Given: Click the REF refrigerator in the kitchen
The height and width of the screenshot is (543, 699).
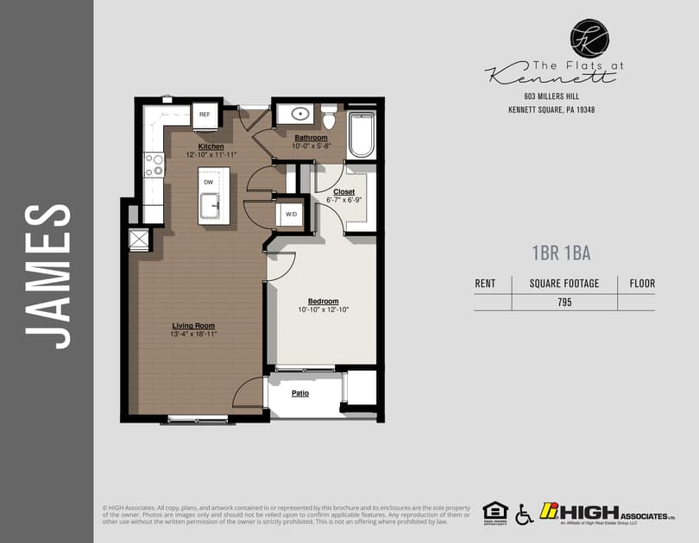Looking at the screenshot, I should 205,115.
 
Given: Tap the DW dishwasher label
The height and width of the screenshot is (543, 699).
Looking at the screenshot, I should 208,182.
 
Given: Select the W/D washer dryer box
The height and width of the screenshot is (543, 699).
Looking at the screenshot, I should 291,215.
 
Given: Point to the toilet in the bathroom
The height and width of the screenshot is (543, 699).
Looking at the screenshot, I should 329,117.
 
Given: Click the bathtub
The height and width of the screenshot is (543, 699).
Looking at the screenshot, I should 361,134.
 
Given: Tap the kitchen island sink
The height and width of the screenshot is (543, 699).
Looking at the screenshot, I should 209,206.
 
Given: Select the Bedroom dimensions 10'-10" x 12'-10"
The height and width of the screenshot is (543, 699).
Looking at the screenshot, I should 323,309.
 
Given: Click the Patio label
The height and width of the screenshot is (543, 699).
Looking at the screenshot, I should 299,393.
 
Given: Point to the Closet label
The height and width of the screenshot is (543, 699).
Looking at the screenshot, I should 343,191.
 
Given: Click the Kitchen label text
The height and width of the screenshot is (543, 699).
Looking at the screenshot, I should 211,147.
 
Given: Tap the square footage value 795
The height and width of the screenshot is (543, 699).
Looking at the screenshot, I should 564,303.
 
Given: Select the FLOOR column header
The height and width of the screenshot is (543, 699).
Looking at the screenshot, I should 641,283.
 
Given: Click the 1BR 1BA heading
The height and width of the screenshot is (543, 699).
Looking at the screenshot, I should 561,253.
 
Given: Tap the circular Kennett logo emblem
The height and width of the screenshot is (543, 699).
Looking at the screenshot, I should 589,37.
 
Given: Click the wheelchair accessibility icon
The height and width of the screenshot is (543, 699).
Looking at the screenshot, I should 524,515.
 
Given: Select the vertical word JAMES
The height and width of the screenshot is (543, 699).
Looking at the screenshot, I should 47,276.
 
